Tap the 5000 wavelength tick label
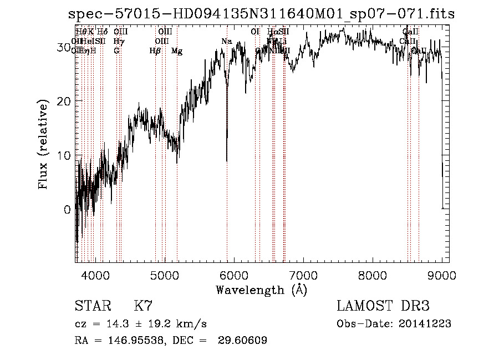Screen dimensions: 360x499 click(165, 274)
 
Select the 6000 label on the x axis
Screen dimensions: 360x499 click(234, 274)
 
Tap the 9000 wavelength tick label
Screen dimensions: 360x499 click(442, 274)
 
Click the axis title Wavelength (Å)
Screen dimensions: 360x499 click(261, 290)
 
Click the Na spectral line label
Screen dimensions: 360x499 click(226, 42)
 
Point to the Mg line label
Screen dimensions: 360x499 click(177, 51)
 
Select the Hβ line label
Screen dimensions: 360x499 click(155, 51)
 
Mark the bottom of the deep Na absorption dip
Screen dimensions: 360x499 click(227, 161)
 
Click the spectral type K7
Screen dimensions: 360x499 click(143, 306)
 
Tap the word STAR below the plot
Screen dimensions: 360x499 click(93, 306)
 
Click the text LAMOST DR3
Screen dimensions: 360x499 click(383, 306)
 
